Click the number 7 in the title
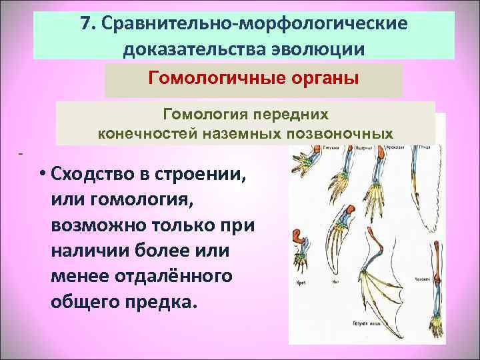pos(86,23)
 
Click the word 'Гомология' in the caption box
pos(193,114)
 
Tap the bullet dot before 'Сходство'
pos(42,175)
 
